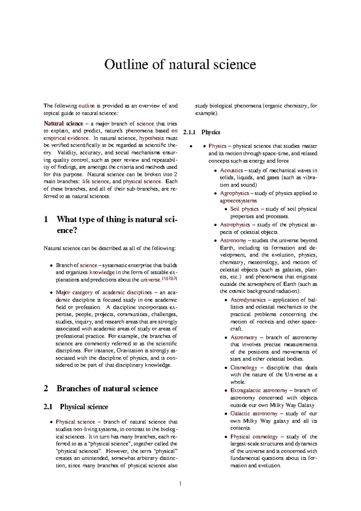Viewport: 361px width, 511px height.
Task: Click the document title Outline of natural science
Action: (x=180, y=65)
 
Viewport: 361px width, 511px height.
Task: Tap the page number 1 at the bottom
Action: (x=180, y=484)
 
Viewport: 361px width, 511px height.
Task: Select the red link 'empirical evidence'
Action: (x=66, y=138)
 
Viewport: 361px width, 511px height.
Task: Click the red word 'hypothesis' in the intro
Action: (x=152, y=138)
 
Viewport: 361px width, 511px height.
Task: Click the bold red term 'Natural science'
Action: (x=63, y=124)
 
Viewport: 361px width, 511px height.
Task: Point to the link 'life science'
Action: (x=96, y=182)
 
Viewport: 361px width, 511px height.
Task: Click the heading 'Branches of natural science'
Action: (x=107, y=389)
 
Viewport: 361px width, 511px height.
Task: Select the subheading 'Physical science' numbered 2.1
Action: (x=84, y=407)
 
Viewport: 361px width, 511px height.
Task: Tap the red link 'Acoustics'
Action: (x=231, y=171)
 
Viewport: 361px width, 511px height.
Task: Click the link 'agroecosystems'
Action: (x=238, y=201)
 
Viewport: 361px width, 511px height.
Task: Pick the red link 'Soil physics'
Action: (x=244, y=209)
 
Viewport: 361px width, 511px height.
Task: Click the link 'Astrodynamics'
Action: (x=248, y=300)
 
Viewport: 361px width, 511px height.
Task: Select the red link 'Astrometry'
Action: (x=244, y=338)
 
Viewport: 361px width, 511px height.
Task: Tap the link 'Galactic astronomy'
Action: (x=254, y=414)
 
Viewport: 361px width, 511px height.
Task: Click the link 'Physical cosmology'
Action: (x=254, y=437)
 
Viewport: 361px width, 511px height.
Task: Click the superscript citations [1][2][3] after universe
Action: (x=169, y=279)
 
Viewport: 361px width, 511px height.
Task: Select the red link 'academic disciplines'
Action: (x=127, y=293)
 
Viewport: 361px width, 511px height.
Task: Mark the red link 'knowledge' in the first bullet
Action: (x=102, y=272)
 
